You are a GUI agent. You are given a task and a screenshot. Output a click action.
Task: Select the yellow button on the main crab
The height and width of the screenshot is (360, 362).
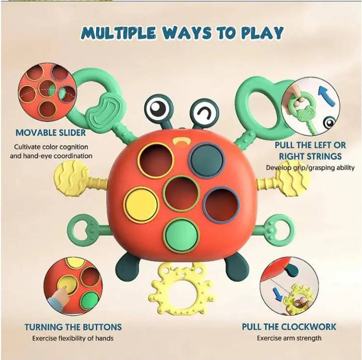pyautogui.click(x=141, y=205)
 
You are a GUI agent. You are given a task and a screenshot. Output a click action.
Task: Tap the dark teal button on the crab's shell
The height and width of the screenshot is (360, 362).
pyautogui.click(x=207, y=160)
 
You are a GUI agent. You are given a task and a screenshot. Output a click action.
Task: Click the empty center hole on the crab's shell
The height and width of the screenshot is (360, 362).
pyautogui.click(x=182, y=194)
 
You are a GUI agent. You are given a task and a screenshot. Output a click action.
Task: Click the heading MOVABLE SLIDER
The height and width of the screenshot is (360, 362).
pyautogui.click(x=51, y=133)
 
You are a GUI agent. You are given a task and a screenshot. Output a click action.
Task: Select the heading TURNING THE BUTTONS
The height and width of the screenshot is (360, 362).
pyautogui.click(x=73, y=327)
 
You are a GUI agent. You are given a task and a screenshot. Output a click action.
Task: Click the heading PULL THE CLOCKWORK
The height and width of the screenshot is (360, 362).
pyautogui.click(x=289, y=327)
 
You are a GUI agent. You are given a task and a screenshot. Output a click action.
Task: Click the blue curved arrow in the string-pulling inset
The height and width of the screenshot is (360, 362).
pyautogui.click(x=327, y=97)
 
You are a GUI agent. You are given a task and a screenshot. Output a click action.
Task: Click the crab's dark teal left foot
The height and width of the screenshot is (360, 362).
pyautogui.click(x=127, y=264)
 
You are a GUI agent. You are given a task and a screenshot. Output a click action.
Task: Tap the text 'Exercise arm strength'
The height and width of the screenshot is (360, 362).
pyautogui.click(x=289, y=338)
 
